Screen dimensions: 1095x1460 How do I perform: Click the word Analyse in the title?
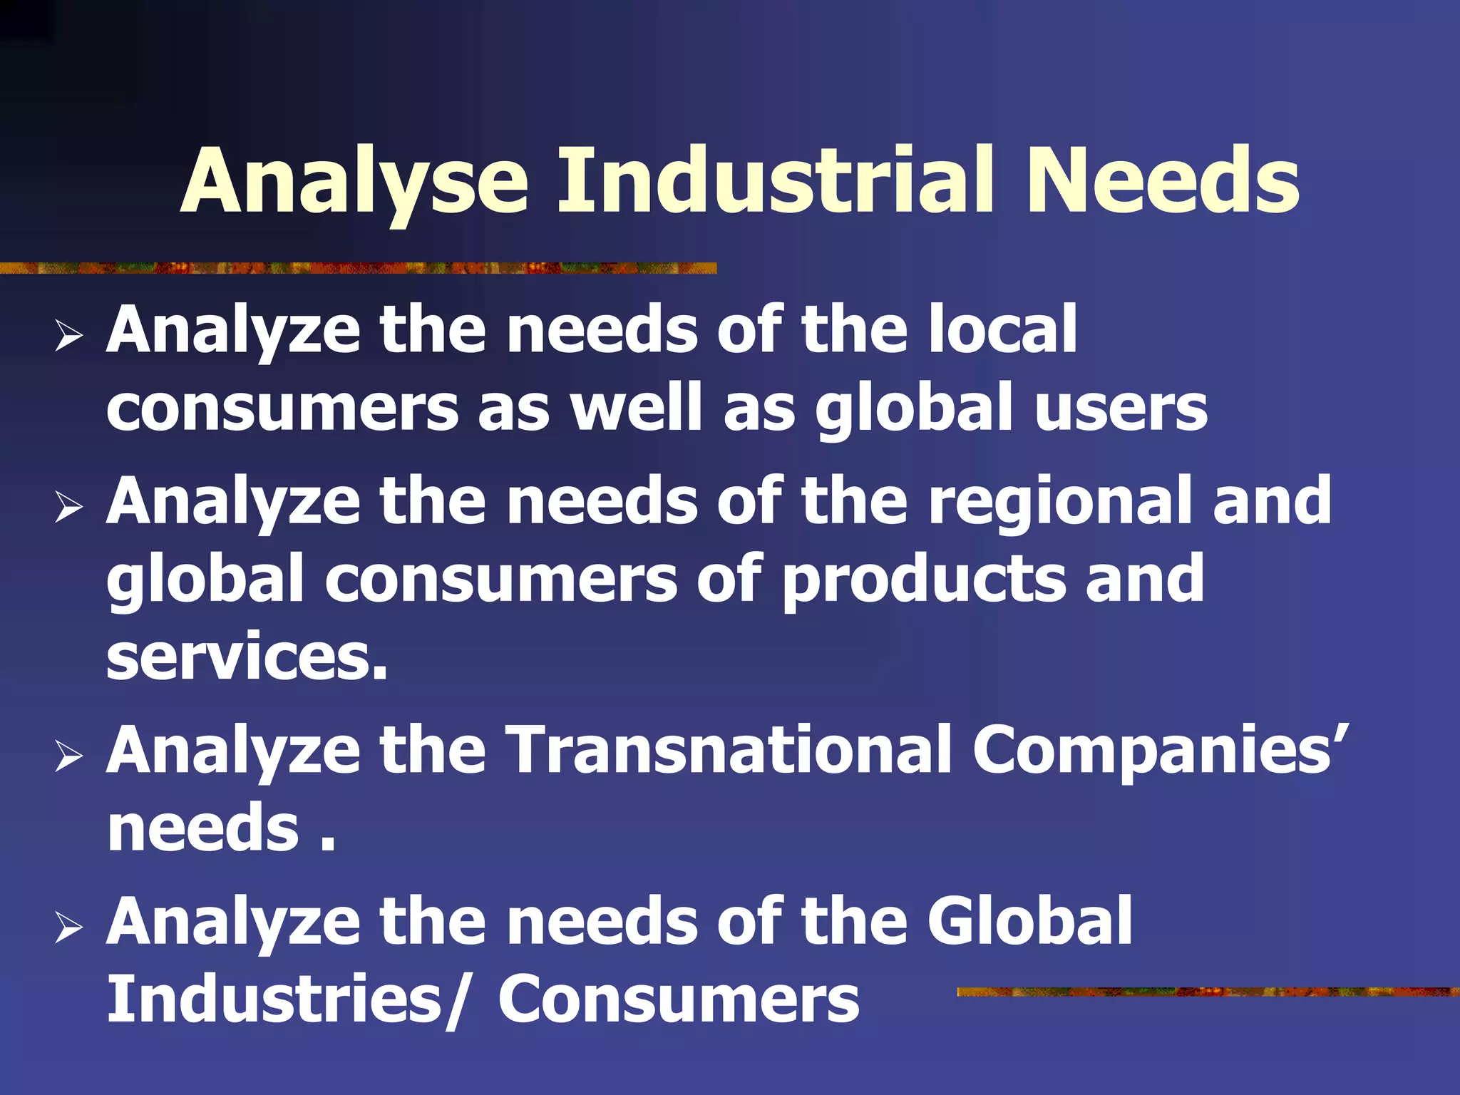354,182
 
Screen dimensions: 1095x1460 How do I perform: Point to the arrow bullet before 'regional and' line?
68,508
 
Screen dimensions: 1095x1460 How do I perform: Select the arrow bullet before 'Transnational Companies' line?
68,756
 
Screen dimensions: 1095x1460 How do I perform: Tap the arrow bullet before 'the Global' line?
68,927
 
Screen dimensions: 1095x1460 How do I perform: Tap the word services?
247,657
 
